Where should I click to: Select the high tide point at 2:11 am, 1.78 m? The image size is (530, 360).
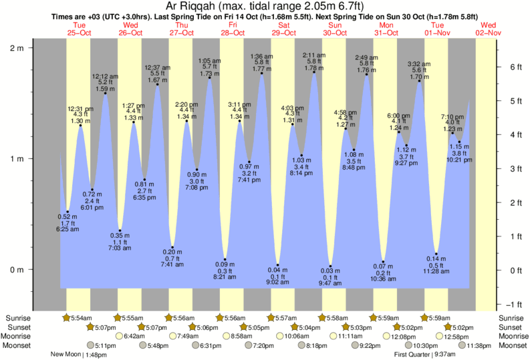[314, 73]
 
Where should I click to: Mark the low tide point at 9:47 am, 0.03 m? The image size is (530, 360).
[330, 266]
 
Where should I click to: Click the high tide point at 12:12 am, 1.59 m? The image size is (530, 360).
[106, 94]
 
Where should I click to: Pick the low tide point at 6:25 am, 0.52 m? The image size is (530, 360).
[68, 212]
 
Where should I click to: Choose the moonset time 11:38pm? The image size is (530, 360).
[479, 345]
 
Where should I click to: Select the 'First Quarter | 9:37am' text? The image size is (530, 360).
[424, 355]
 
